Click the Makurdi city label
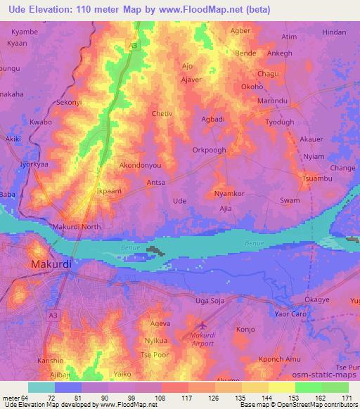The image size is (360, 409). tap(51, 264)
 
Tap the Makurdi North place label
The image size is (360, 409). tap(77, 227)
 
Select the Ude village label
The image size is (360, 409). tap(179, 201)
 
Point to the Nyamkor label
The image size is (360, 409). tap(229, 193)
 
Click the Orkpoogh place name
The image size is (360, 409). tap(210, 150)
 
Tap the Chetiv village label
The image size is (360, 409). tap(162, 112)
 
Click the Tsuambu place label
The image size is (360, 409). tap(316, 179)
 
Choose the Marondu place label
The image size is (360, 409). tap(273, 101)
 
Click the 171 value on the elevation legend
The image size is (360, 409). tap(346, 398)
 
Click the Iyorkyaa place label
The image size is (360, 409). tap(37, 164)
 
